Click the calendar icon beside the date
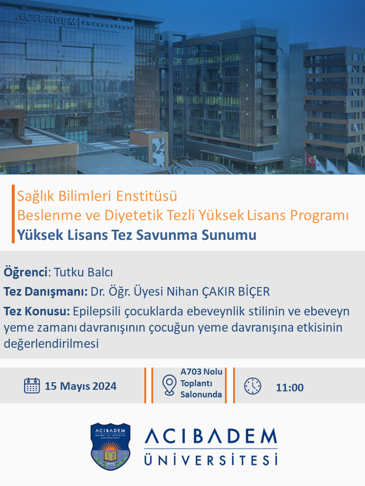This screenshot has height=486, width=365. (x=31, y=386)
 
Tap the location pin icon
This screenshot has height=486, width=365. (x=169, y=385)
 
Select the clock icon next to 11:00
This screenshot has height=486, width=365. (x=252, y=386)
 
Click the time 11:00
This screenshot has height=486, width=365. (x=289, y=387)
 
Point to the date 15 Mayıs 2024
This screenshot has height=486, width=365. (x=81, y=386)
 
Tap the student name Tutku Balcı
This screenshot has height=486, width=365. (x=84, y=272)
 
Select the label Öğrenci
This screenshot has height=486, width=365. (x=25, y=272)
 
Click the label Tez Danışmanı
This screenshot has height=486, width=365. (x=45, y=292)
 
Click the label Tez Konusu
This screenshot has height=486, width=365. (x=36, y=311)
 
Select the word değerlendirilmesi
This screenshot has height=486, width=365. (x=51, y=344)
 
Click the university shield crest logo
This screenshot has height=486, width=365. (x=111, y=446)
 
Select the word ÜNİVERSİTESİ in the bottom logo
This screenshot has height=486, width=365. (x=211, y=460)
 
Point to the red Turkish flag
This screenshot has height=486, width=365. (x=310, y=159)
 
